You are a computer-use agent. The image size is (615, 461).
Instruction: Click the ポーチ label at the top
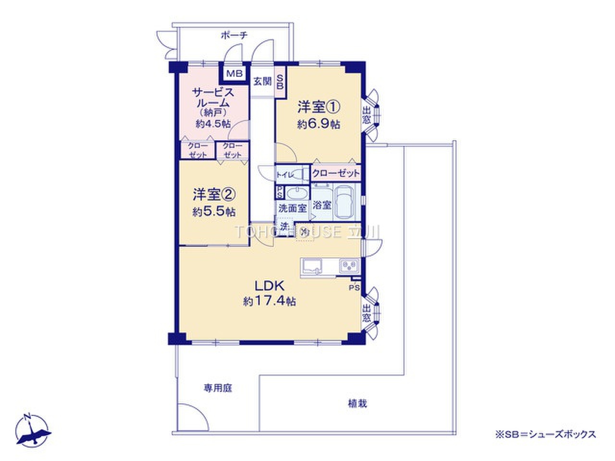click(x=234, y=35)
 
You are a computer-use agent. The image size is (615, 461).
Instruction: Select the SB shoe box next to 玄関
click(x=281, y=82)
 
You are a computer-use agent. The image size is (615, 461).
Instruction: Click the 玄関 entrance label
click(x=262, y=81)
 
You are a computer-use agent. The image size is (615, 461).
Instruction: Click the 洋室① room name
click(x=318, y=106)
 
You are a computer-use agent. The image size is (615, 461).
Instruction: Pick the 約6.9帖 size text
click(x=319, y=124)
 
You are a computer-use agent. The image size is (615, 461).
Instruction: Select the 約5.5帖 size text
click(x=214, y=212)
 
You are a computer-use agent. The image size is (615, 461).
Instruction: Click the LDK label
click(x=270, y=286)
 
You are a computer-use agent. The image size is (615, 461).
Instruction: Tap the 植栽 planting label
click(x=357, y=403)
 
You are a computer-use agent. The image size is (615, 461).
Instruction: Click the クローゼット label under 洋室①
click(x=335, y=173)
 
